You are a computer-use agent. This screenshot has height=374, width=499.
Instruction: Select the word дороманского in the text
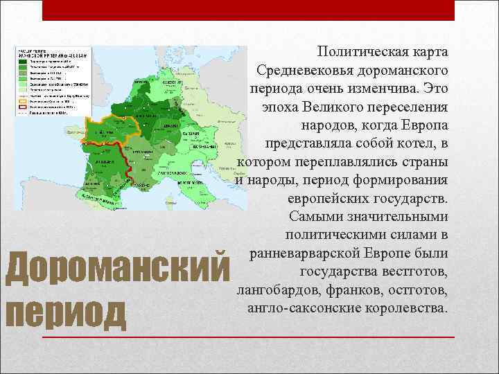(403, 71)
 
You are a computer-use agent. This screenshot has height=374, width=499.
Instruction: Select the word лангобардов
(275, 289)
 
